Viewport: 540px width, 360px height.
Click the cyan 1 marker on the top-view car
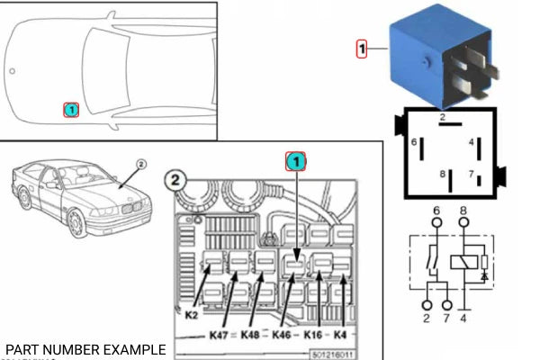71,110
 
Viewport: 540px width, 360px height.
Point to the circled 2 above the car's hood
140,166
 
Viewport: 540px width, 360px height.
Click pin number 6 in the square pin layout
415,142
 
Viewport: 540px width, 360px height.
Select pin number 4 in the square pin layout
471,142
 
